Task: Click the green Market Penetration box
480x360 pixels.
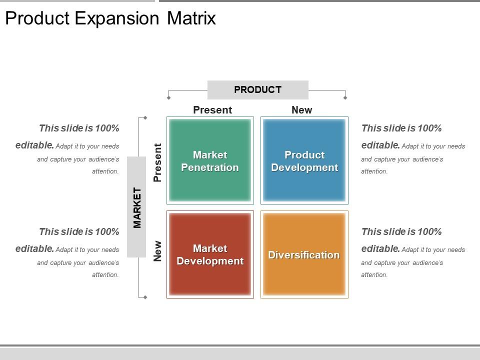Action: click(x=210, y=160)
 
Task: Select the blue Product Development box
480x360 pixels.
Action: click(x=304, y=160)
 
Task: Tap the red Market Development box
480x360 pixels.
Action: click(x=210, y=254)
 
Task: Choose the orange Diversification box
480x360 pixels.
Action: click(x=304, y=254)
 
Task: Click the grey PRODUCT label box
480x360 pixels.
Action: click(x=257, y=90)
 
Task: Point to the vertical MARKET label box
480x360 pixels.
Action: click(x=136, y=207)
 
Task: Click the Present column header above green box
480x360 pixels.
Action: click(x=212, y=110)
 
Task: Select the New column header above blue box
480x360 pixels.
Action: click(x=301, y=110)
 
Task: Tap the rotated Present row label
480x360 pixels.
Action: click(x=157, y=162)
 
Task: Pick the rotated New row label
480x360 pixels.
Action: click(x=157, y=251)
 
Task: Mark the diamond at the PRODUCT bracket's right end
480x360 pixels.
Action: click(x=345, y=97)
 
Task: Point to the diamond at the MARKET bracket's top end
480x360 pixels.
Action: click(x=145, y=118)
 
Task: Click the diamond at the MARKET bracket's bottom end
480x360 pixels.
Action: click(x=145, y=297)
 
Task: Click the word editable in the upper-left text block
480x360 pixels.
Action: click(x=34, y=145)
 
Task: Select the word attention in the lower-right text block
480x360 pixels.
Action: click(x=374, y=275)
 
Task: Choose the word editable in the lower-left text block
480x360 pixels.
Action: click(x=34, y=249)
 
